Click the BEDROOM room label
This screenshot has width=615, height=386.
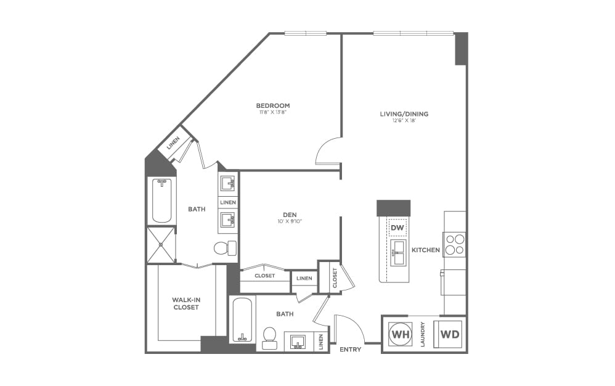[273, 105]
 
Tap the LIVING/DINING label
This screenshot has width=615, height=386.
[404, 113]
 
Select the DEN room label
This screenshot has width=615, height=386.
[290, 215]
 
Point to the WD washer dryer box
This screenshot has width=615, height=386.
[449, 334]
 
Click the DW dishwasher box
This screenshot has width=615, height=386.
[397, 228]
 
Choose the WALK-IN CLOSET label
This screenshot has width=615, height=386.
[185, 303]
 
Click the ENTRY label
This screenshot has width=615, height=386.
[350, 350]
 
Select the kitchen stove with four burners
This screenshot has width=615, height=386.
[455, 244]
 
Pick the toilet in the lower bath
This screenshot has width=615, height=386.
[269, 337]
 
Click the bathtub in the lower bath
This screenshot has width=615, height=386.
[242, 319]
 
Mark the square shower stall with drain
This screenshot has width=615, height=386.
[160, 245]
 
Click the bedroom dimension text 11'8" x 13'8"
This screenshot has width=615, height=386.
[273, 113]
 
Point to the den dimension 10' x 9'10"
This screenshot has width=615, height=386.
[290, 221]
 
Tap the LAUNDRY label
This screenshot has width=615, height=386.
[423, 334]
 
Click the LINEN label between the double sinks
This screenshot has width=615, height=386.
[228, 202]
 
